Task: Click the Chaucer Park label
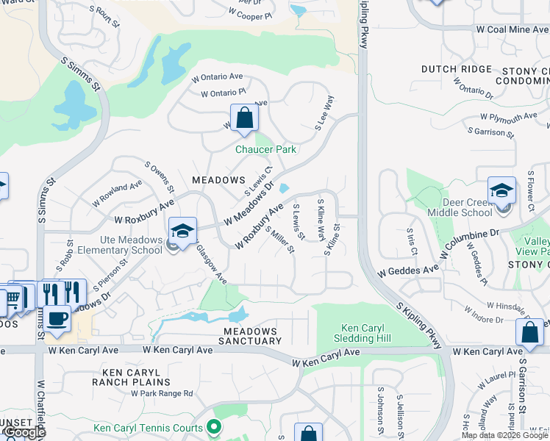coord(265,149)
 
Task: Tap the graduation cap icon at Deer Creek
coord(501,190)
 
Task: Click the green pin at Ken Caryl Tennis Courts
coord(214,426)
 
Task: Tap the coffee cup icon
coord(57,319)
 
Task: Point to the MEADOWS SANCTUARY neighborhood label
coord(250,337)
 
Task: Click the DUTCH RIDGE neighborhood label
coord(456,69)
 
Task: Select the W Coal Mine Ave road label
coord(512,30)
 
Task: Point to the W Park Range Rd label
coord(162,393)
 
